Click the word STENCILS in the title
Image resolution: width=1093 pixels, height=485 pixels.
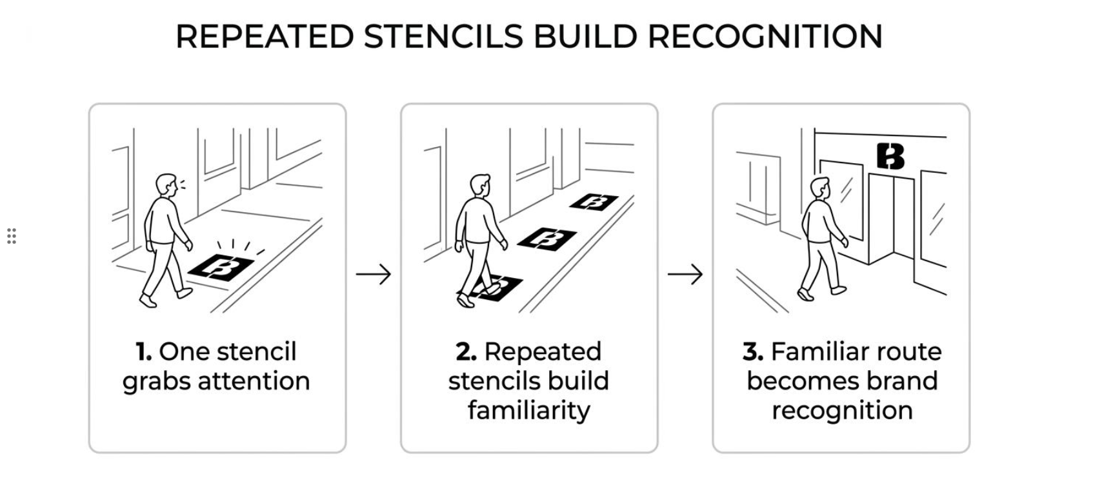pyautogui.click(x=443, y=36)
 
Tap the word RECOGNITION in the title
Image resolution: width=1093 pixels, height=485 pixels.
pyautogui.click(x=765, y=36)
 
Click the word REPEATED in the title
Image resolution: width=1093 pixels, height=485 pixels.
pyautogui.click(x=265, y=36)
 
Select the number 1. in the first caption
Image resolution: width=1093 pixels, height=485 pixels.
pyautogui.click(x=144, y=351)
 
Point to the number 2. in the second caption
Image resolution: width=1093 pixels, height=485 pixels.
pyautogui.click(x=466, y=351)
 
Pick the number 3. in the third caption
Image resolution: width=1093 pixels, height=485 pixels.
pyautogui.click(x=753, y=351)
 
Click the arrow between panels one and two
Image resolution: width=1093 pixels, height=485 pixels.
pyautogui.click(x=374, y=274)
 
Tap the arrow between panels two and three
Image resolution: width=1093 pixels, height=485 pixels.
pyautogui.click(x=685, y=274)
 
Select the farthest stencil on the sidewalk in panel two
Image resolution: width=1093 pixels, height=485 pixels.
pyautogui.click(x=594, y=202)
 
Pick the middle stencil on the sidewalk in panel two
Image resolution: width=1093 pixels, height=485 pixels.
pyautogui.click(x=547, y=239)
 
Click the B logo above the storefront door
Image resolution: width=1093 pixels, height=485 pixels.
pyautogui.click(x=890, y=156)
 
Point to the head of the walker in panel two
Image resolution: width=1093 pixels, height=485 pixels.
pyautogui.click(x=480, y=185)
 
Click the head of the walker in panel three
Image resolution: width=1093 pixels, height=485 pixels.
pyautogui.click(x=819, y=188)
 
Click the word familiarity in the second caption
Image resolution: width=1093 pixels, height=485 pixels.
pyautogui.click(x=529, y=410)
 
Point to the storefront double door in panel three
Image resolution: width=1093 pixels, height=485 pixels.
pyautogui.click(x=892, y=219)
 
